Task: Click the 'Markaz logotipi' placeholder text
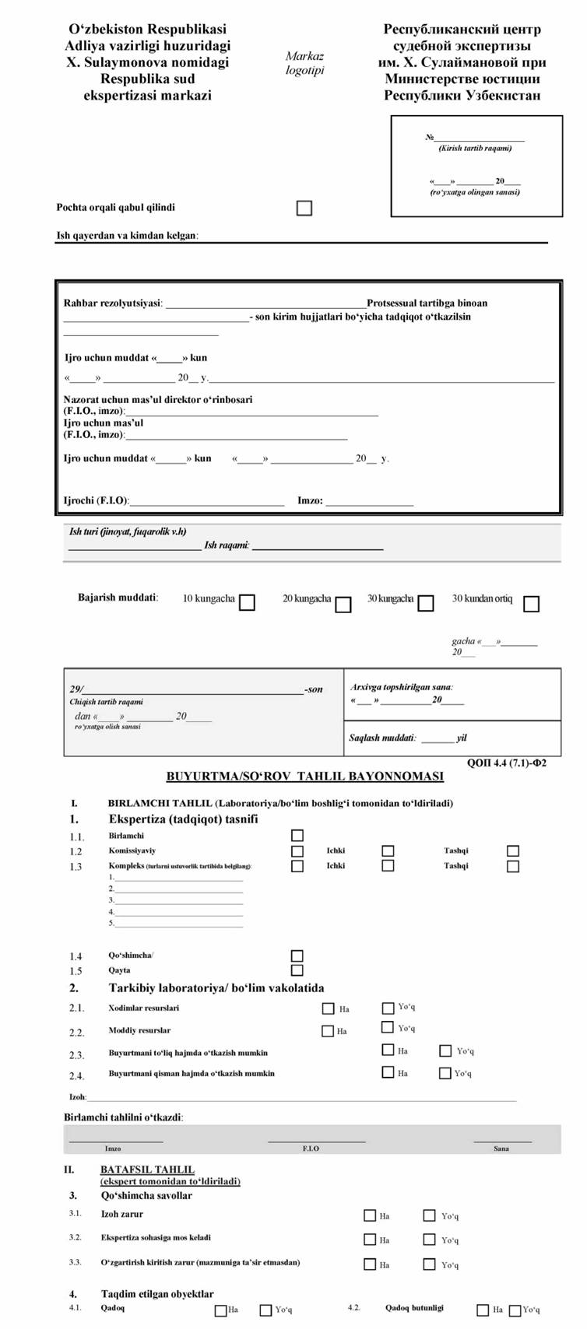click(304, 63)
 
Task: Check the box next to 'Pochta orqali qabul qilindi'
click(304, 208)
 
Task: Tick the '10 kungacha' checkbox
click(247, 603)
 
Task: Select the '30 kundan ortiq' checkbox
click(531, 604)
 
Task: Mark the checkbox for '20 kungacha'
click(343, 605)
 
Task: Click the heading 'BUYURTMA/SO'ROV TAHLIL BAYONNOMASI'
click(305, 777)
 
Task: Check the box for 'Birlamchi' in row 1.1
click(297, 836)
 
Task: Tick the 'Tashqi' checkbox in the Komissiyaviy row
click(513, 851)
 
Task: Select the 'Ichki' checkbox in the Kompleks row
click(388, 865)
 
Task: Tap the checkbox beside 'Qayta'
click(297, 970)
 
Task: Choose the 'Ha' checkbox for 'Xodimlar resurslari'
click(328, 1008)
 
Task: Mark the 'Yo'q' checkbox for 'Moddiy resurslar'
click(388, 1028)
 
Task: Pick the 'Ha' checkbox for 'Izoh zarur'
click(370, 1215)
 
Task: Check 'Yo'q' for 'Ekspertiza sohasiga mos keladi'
click(429, 1240)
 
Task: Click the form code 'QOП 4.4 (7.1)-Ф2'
click(507, 763)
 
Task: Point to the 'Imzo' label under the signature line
click(113, 1148)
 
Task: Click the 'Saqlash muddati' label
click(382, 738)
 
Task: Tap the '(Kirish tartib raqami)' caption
click(475, 148)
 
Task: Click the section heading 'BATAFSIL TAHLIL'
click(147, 1169)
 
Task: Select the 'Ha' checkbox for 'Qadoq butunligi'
click(483, 1310)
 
